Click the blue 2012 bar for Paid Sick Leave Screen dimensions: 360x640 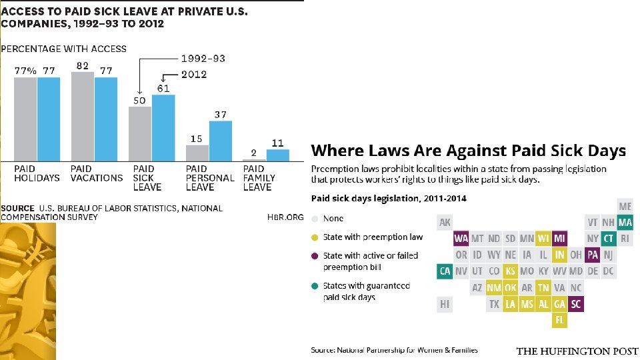point(163,127)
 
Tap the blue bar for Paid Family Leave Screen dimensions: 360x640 point(278,155)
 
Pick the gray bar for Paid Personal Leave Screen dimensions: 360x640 point(197,153)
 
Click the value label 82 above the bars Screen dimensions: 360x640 point(82,65)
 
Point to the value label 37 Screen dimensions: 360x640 point(221,115)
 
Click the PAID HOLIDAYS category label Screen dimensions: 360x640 point(37,173)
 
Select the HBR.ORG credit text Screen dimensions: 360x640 point(285,217)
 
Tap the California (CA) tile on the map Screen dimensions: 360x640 point(445,271)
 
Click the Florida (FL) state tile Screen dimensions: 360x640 point(559,320)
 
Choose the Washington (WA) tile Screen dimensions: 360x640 point(461,238)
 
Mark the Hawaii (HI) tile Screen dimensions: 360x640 point(445,304)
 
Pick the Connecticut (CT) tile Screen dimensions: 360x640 point(609,238)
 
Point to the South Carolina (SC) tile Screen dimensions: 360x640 point(576,304)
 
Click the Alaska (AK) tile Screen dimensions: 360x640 point(445,222)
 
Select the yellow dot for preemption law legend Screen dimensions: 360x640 point(315,237)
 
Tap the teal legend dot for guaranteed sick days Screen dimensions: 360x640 point(315,286)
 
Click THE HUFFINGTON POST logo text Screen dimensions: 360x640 point(577,351)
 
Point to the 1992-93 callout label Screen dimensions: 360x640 point(203,58)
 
